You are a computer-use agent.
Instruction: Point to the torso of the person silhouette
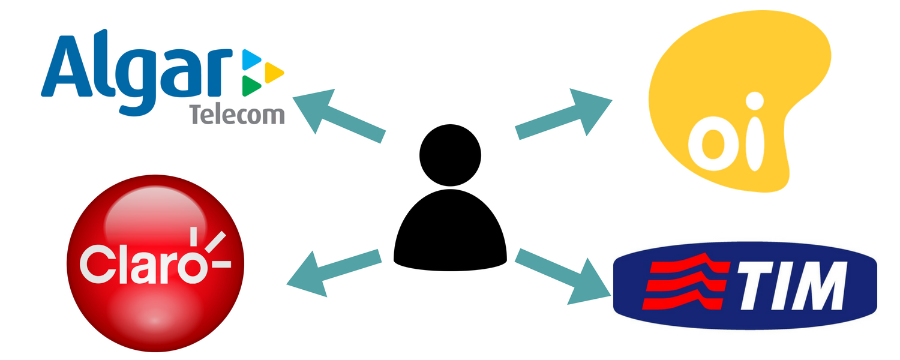[450, 231]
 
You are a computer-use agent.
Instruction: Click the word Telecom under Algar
[237, 114]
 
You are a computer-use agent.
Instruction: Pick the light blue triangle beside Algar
[251, 59]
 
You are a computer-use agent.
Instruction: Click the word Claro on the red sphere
[141, 264]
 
